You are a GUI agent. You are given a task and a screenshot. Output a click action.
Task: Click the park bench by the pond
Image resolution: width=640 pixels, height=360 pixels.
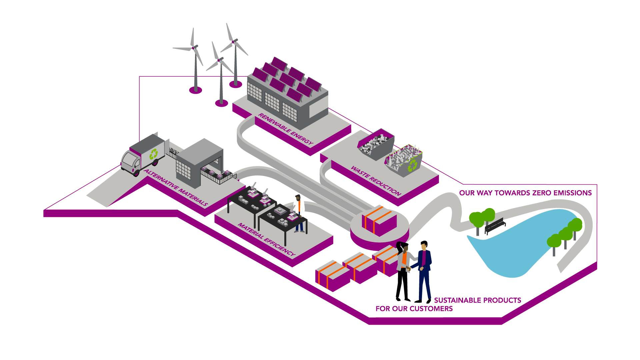(x=495, y=226)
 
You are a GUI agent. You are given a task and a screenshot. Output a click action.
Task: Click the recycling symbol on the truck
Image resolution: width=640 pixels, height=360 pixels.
(x=154, y=154)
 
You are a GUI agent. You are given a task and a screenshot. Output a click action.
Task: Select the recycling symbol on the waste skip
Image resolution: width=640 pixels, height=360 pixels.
(x=413, y=165)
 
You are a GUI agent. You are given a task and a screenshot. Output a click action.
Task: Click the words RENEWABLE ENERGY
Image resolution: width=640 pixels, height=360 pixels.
(x=286, y=129)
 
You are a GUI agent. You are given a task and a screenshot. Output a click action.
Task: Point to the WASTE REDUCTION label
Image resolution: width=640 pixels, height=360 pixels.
(x=376, y=180)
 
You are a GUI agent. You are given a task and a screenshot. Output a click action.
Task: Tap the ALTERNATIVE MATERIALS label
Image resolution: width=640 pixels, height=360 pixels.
(x=176, y=187)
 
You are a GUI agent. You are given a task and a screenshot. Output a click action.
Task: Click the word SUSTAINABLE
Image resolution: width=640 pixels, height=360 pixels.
(x=457, y=300)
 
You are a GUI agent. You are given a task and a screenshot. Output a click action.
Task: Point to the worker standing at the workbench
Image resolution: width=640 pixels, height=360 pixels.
(x=299, y=213)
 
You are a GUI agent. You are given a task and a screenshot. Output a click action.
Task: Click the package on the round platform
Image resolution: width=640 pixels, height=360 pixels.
(x=379, y=220)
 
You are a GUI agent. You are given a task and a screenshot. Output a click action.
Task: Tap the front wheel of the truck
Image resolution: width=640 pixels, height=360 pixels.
(x=136, y=173)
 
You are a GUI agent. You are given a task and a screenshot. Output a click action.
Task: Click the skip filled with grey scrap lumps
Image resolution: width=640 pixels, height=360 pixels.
(x=376, y=144)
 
